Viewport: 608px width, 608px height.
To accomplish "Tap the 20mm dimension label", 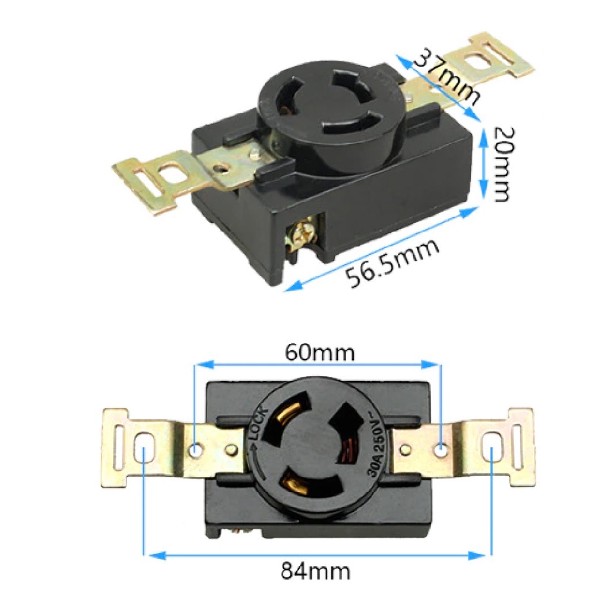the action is (x=503, y=164).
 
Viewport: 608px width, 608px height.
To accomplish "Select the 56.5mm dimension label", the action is (x=393, y=262).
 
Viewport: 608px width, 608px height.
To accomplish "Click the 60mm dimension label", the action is (x=320, y=353).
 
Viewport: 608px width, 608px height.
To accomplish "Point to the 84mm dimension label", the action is (x=315, y=571).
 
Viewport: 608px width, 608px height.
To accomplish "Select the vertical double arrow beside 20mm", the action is (x=483, y=163).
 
